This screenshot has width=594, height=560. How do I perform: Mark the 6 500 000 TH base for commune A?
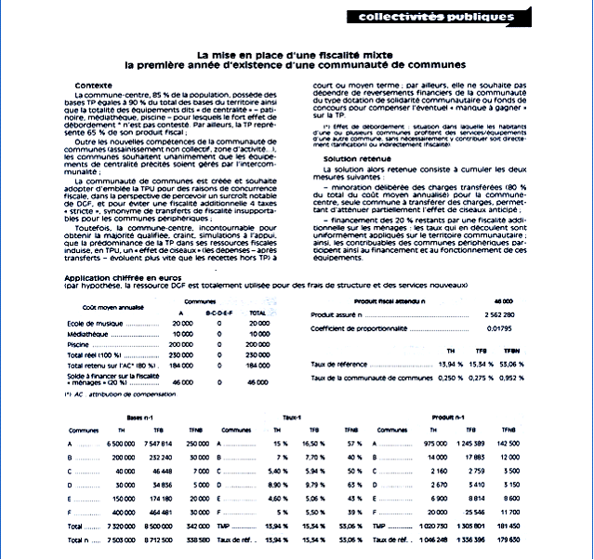click(x=119, y=445)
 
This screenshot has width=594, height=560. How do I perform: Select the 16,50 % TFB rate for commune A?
click(x=314, y=445)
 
